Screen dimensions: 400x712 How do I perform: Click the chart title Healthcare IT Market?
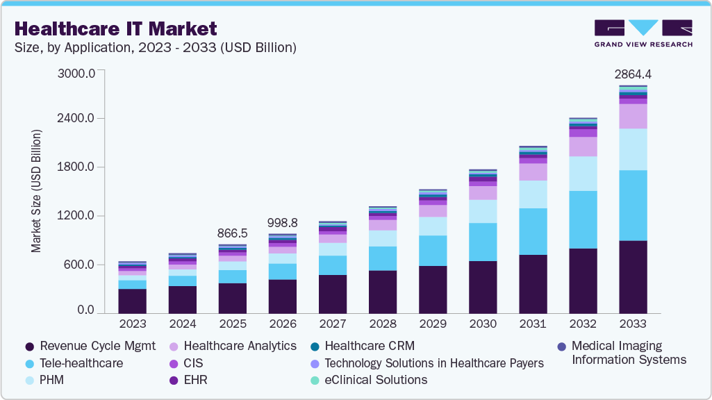[x=115, y=28]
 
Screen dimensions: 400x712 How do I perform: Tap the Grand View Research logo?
[x=643, y=33]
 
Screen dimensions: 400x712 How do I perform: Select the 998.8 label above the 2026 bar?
[x=282, y=222]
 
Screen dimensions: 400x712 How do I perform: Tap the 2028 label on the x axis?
[x=382, y=324]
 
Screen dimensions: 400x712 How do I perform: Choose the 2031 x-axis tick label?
[x=532, y=324]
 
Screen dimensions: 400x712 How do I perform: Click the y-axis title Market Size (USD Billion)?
[x=36, y=190]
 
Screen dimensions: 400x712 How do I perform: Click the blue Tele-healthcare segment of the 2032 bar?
[x=583, y=219]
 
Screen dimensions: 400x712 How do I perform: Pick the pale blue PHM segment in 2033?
[x=633, y=149]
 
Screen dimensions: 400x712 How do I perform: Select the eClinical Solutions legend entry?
[x=369, y=380]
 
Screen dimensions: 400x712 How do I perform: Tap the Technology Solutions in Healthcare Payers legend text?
[x=433, y=362]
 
